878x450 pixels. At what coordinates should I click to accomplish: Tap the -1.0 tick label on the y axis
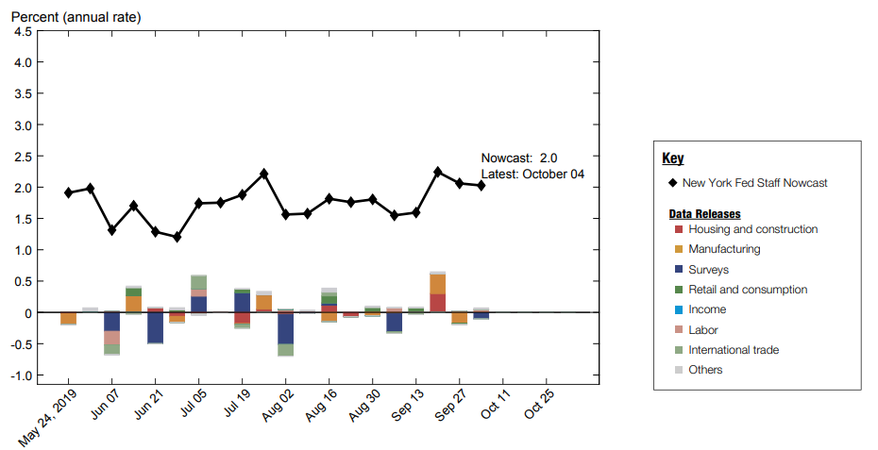coord(21,375)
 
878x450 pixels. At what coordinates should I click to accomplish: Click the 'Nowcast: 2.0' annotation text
coord(519,158)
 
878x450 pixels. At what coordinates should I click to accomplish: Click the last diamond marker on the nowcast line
coord(481,186)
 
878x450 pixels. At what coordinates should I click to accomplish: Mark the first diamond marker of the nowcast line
coord(68,192)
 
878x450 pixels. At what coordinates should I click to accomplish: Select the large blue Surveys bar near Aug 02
coord(285,328)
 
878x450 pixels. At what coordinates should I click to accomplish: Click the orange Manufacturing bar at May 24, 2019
coord(68,319)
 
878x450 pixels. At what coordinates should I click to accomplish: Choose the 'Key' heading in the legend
coord(672,158)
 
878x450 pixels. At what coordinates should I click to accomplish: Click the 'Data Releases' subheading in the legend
coord(704,214)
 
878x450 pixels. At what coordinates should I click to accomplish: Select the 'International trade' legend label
coord(734,350)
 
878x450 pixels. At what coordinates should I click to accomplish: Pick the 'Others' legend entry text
coord(705,370)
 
